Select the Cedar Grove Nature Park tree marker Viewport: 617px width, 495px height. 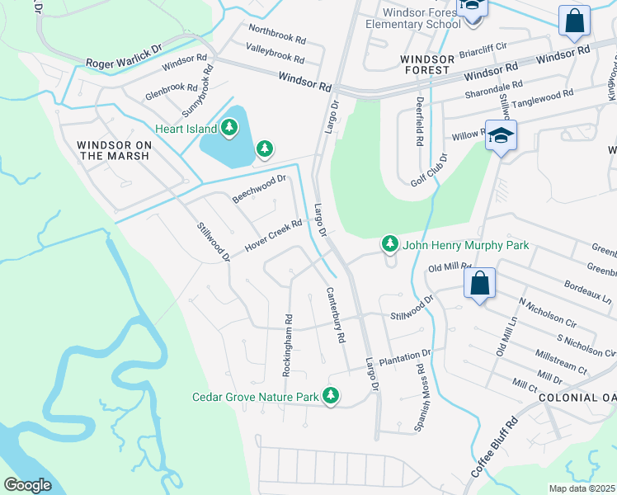[331, 397]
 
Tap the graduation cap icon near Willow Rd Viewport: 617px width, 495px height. [500, 136]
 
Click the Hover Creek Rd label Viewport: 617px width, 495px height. [274, 237]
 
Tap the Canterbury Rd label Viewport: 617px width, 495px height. [335, 314]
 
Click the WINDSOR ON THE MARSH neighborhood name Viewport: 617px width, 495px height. [114, 150]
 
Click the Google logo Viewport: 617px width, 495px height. [28, 484]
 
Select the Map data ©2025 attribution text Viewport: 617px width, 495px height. [582, 488]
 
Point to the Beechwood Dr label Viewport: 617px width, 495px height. [258, 188]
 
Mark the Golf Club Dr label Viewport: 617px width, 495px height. [433, 169]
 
